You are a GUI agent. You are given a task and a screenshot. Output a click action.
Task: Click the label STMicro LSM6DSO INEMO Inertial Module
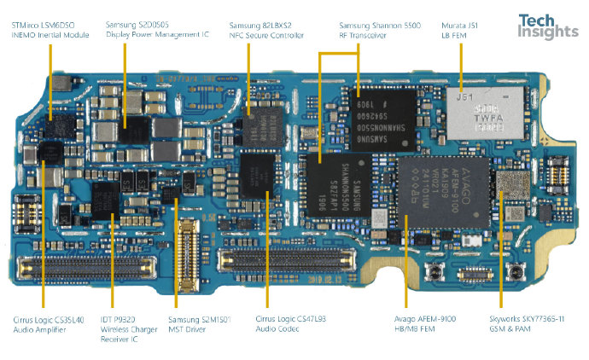coord(50,30)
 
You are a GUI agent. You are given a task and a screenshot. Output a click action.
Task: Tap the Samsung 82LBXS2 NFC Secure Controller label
coord(266,30)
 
